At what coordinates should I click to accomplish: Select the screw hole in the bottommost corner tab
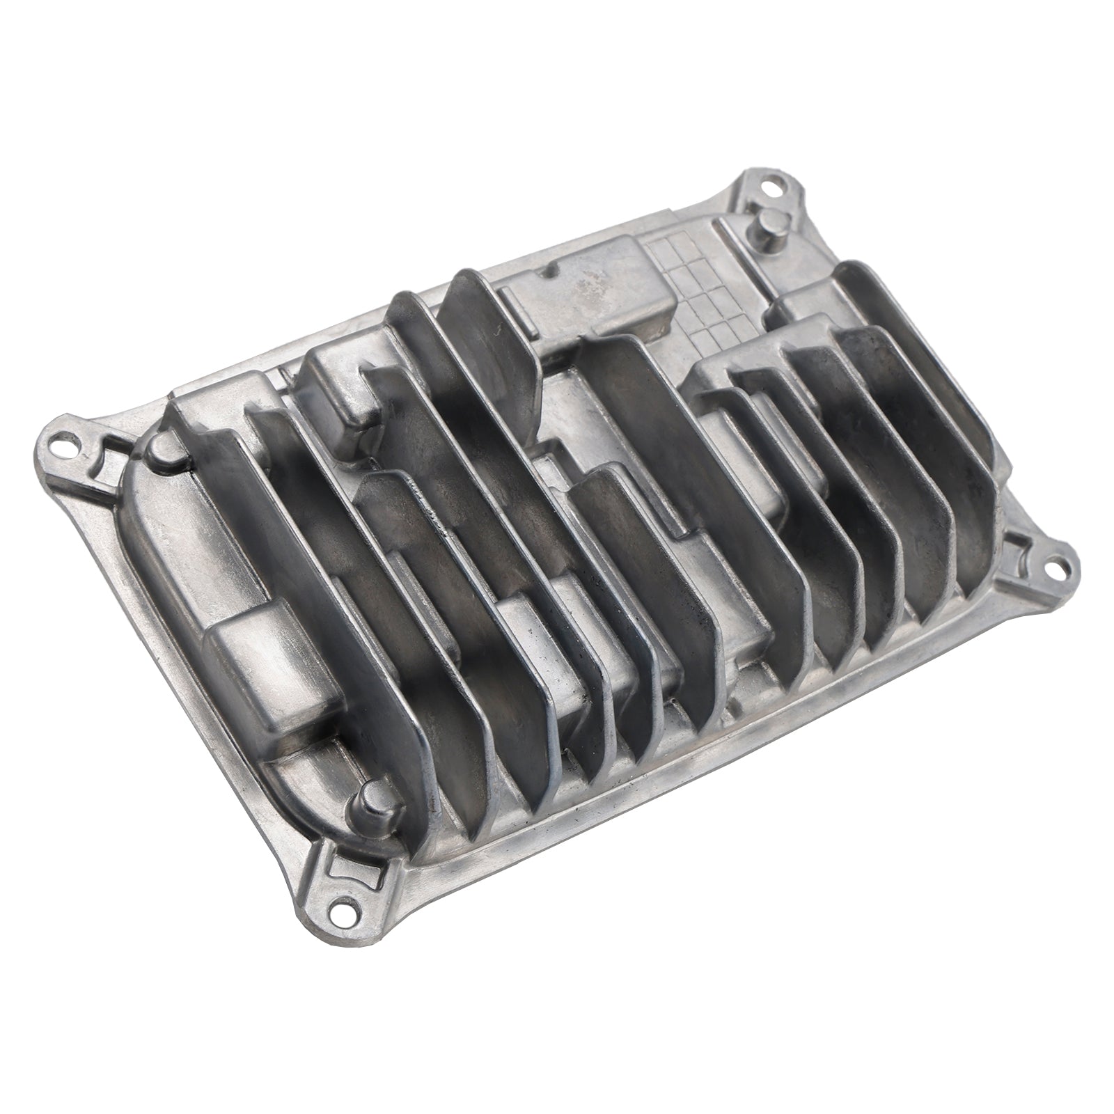[x=342, y=906]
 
